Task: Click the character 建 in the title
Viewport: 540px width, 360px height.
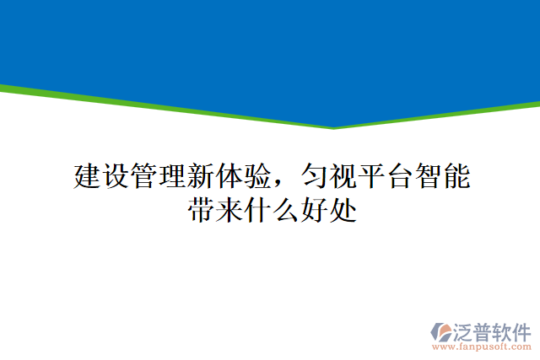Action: point(89,177)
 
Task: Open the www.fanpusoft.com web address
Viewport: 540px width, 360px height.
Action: point(482,346)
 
